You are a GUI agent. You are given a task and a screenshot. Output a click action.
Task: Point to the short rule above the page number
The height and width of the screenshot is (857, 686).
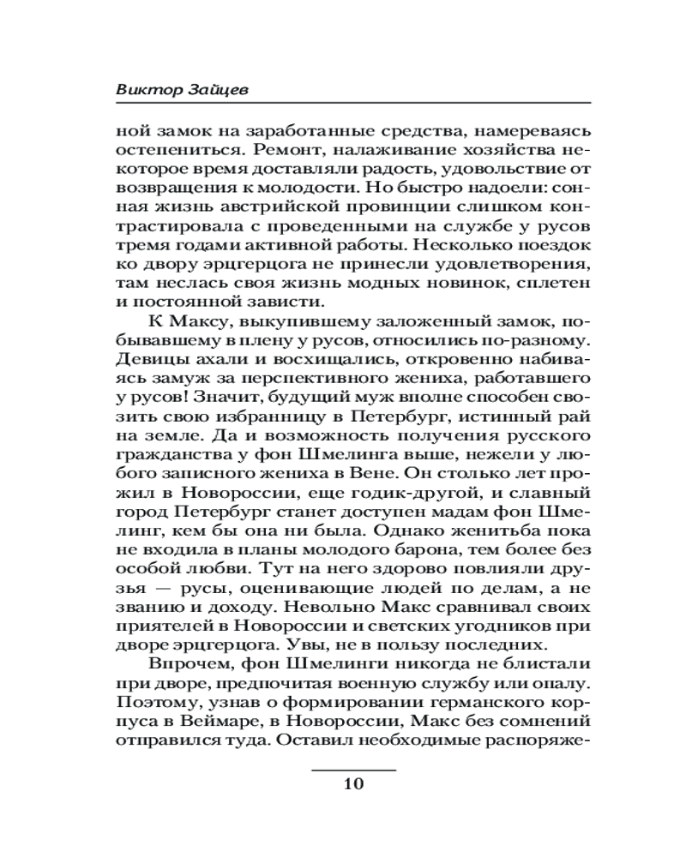tap(353, 770)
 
